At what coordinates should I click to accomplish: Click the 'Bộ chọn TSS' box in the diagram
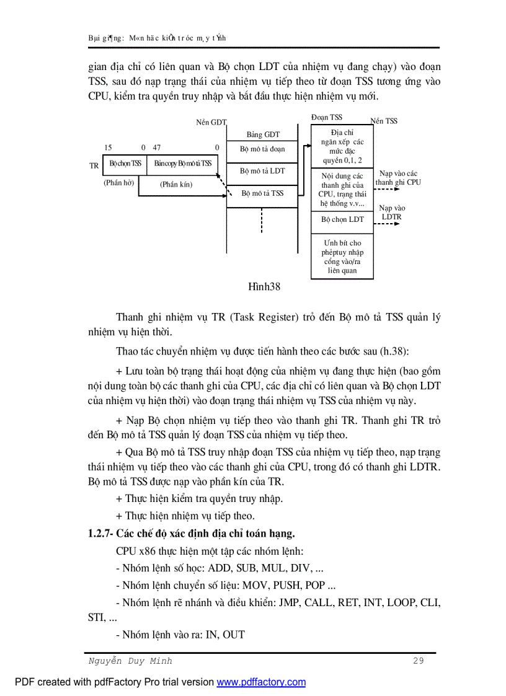(x=125, y=164)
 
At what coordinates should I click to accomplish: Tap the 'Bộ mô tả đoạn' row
(x=263, y=149)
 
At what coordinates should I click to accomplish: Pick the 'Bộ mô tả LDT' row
(x=263, y=171)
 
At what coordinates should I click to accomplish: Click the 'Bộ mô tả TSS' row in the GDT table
(x=263, y=193)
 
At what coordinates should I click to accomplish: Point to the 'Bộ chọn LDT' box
(x=342, y=219)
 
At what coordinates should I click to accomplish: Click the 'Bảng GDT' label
(x=263, y=134)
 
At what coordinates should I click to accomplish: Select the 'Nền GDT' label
(x=211, y=122)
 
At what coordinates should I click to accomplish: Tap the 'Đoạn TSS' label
(x=326, y=117)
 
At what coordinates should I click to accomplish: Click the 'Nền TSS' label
(x=384, y=121)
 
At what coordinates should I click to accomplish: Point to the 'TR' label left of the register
(x=94, y=166)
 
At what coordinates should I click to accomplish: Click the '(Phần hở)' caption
(x=119, y=183)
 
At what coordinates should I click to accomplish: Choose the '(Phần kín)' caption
(x=176, y=184)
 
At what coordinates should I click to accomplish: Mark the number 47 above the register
(x=157, y=148)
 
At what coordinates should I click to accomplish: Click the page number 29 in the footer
(x=419, y=661)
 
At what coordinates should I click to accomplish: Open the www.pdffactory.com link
(x=261, y=682)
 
